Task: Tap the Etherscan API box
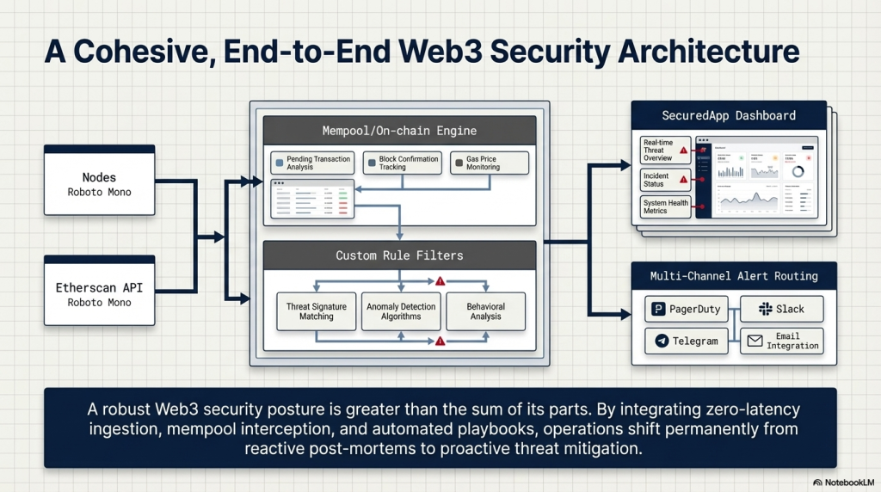[x=100, y=290]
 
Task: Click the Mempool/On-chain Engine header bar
[x=399, y=131]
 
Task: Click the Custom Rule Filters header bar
[x=399, y=255]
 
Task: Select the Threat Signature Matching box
[x=317, y=311]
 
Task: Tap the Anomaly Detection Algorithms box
[x=401, y=311]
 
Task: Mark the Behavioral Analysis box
[x=485, y=311]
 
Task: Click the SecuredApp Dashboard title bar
[x=729, y=115]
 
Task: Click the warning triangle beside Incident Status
[x=684, y=180]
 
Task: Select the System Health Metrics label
[x=665, y=206]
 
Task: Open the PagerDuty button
[x=687, y=309]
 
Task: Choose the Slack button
[x=781, y=309]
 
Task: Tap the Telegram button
[x=687, y=341]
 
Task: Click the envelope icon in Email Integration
[x=755, y=341]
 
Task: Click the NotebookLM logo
[x=842, y=483]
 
